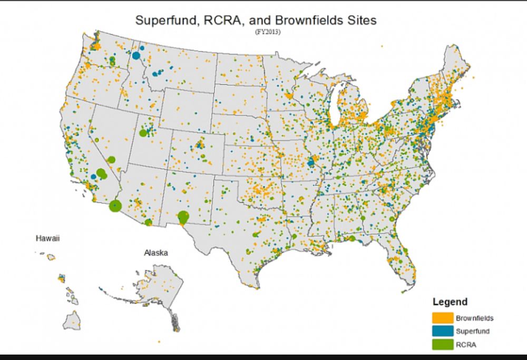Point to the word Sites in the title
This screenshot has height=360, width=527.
point(359,21)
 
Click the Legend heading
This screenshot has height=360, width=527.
point(450,302)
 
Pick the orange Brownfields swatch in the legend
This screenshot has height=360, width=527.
point(442,318)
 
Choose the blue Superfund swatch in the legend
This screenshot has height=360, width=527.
point(442,332)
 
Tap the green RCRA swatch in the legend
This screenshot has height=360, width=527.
point(442,345)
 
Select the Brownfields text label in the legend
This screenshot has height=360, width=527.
point(474,318)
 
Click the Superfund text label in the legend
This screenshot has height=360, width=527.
point(472,332)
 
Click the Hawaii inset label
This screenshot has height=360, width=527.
point(47,238)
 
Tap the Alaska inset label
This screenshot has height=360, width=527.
point(156,253)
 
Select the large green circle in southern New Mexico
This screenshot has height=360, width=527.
point(183,216)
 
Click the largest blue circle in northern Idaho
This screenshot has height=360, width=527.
point(136,55)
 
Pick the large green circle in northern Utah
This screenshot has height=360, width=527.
point(143,133)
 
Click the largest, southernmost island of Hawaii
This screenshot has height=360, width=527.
point(73,319)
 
